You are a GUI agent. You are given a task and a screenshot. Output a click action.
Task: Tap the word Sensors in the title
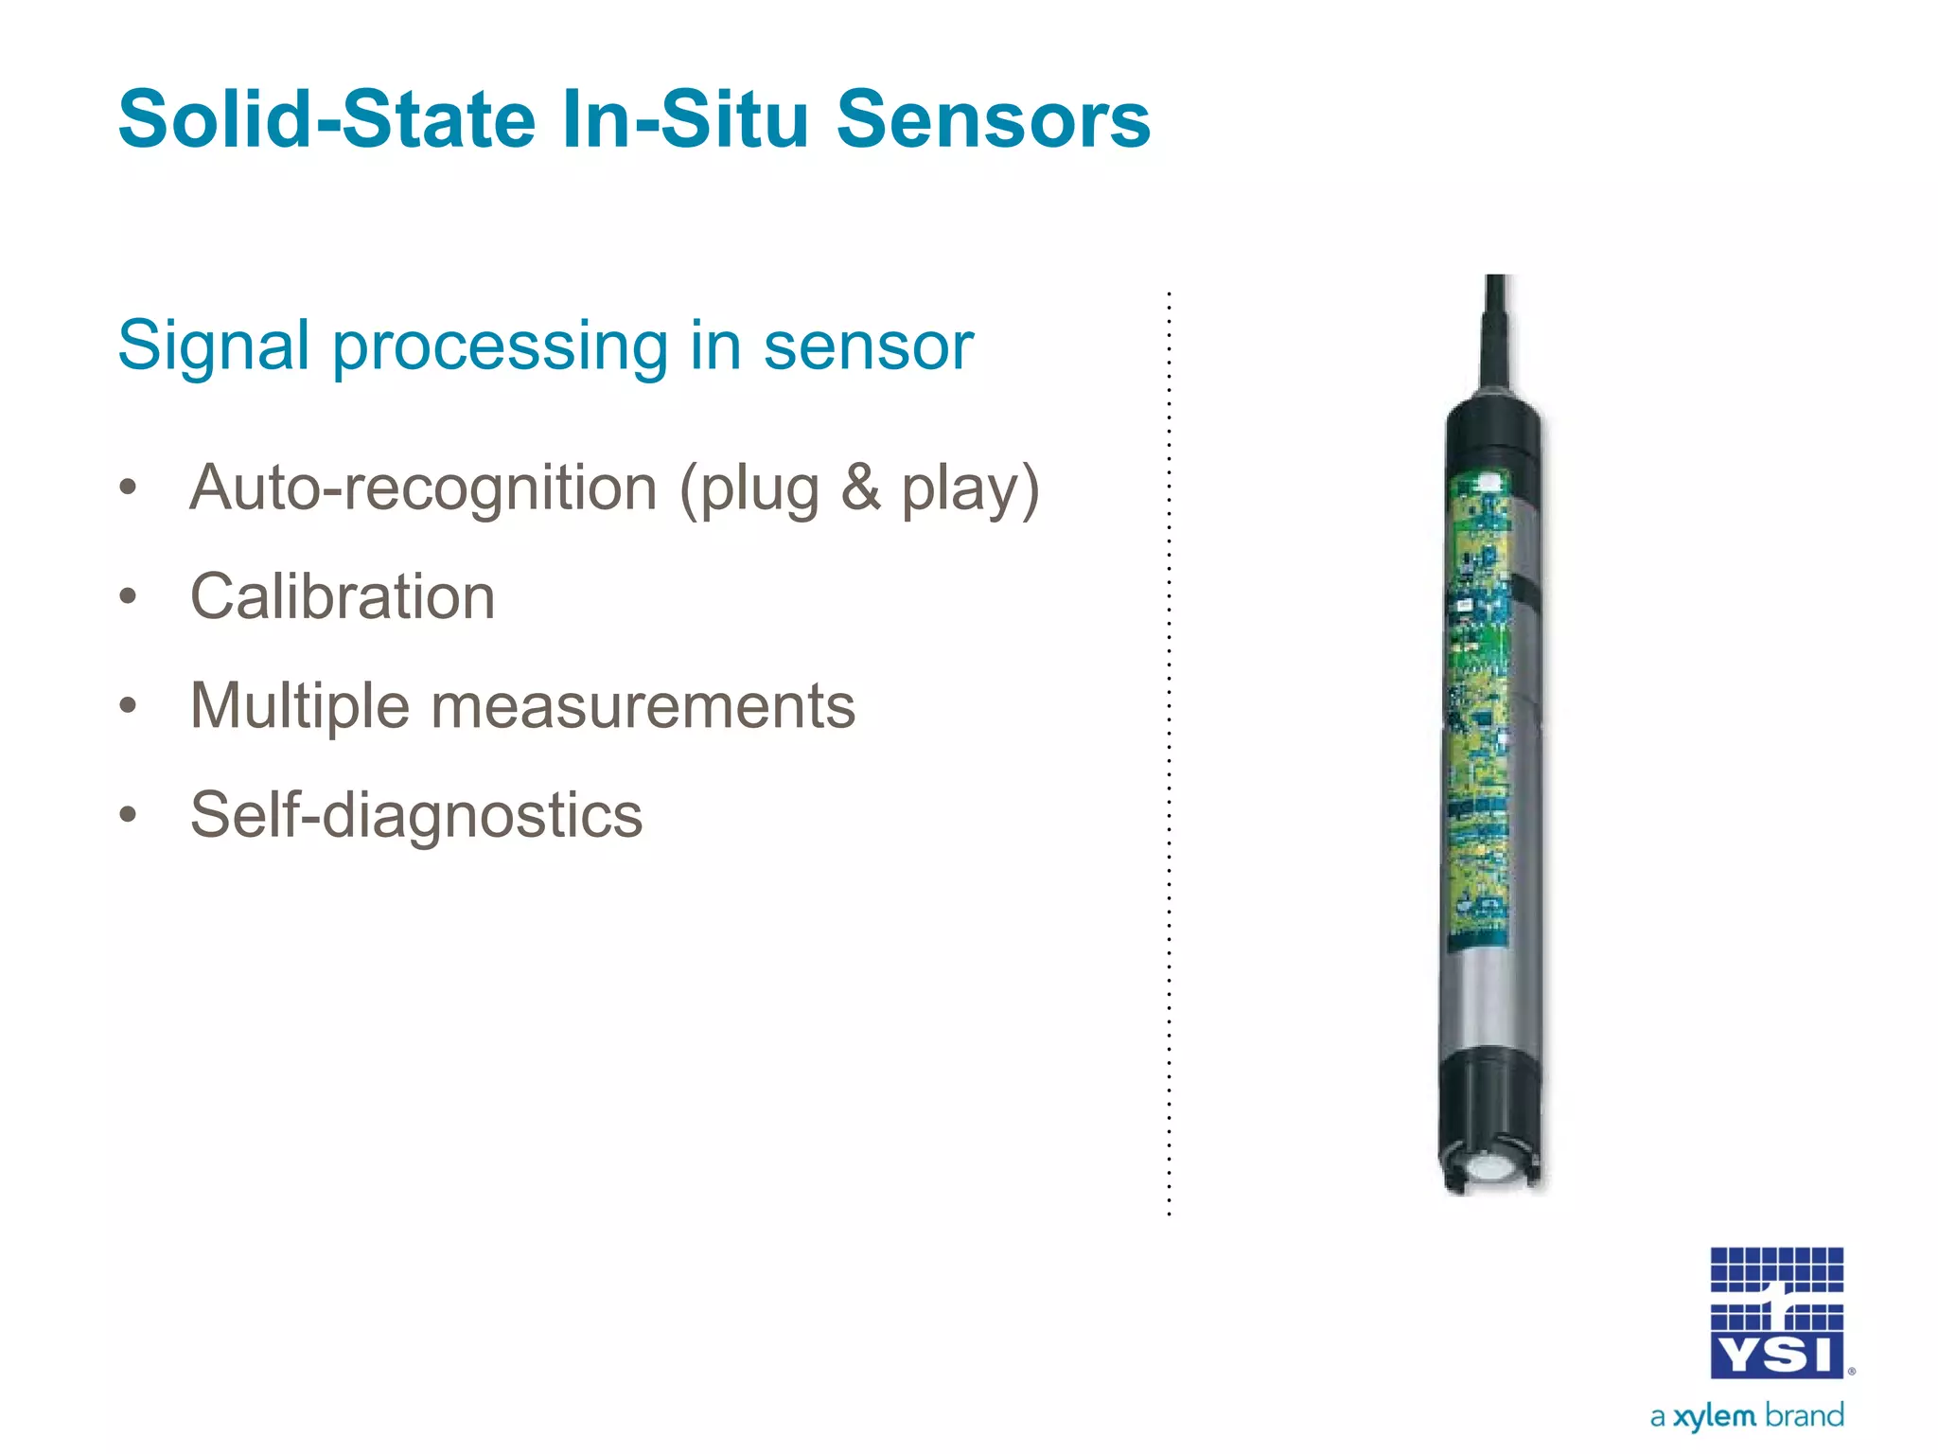click(x=994, y=120)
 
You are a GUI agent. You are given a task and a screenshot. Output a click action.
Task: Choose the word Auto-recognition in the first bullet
click(x=423, y=489)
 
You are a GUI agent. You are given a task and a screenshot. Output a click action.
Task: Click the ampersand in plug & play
click(x=860, y=488)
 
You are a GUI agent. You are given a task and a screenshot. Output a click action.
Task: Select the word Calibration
click(x=343, y=598)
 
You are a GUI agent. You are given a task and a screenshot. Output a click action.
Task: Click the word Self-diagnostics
click(x=416, y=816)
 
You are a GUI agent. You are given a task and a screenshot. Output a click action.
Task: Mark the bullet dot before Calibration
click(x=129, y=597)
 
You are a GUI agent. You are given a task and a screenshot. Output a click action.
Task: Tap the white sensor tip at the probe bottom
click(x=1490, y=1168)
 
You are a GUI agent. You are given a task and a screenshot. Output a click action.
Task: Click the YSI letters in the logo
click(x=1776, y=1356)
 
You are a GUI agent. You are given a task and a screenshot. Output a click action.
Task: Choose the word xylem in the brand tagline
click(x=1714, y=1417)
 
